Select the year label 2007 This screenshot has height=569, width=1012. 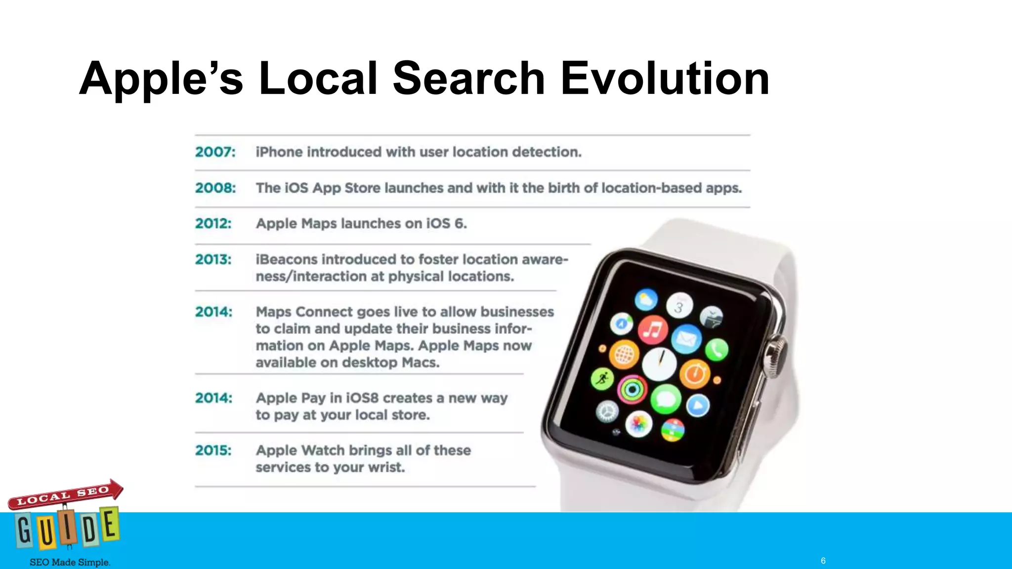215,152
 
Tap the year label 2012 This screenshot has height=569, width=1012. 213,223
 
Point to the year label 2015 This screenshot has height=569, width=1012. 213,450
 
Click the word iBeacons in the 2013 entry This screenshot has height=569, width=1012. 287,259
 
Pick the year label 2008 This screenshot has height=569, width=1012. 215,188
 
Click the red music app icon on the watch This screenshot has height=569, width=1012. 653,330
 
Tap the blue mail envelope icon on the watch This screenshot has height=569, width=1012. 686,339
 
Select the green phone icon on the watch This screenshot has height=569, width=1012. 716,350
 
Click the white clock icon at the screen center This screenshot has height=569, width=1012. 659,364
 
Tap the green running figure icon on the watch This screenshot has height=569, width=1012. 602,379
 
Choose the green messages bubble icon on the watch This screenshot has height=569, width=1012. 666,399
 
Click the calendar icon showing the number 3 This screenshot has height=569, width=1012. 679,306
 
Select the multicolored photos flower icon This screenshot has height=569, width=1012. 638,424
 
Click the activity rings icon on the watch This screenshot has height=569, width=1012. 632,390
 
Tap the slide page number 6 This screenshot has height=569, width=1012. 823,561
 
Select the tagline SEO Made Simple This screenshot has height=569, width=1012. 70,562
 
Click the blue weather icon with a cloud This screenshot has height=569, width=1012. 646,299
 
